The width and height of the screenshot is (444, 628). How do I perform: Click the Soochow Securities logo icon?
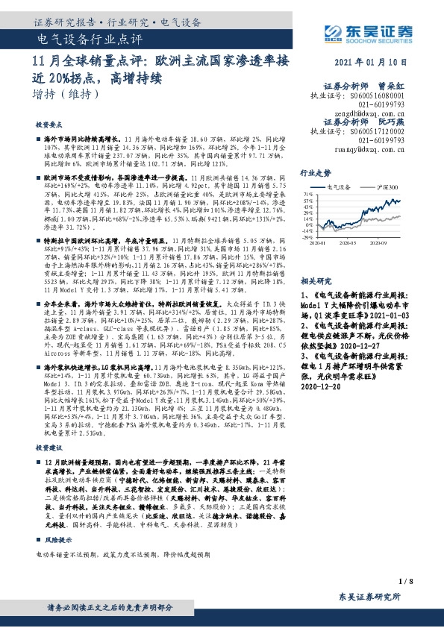point(331,32)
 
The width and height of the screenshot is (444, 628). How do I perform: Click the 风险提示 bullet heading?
point(59,537)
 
